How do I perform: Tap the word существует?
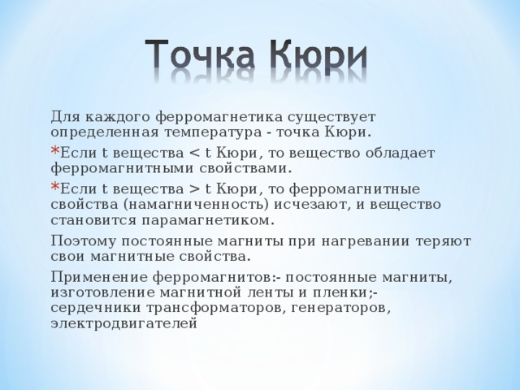click(331, 118)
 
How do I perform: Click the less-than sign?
click(194, 154)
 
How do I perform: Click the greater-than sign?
click(194, 189)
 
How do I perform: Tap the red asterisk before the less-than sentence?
click(54, 151)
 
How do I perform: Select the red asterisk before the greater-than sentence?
click(54, 187)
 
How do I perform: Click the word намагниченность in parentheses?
click(196, 205)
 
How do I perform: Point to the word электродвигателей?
click(124, 323)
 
